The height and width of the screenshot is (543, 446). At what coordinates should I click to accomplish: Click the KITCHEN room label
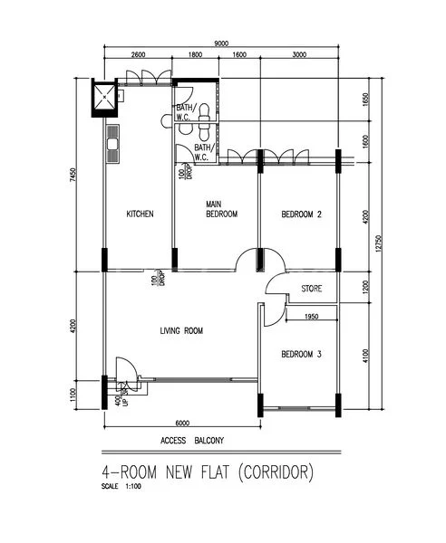pos(139,214)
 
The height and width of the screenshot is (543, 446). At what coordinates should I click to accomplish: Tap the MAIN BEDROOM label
pos(221,209)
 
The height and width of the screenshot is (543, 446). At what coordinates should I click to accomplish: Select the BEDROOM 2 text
pos(302,214)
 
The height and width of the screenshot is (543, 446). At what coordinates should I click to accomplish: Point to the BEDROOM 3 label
pos(301,354)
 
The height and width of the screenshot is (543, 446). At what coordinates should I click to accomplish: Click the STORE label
pos(311,289)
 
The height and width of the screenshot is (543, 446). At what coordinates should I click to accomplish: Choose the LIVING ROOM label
pos(181,331)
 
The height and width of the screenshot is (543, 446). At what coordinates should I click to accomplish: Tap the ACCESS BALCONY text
pos(193,441)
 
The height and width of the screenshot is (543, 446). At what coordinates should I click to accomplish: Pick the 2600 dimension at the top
pos(138,56)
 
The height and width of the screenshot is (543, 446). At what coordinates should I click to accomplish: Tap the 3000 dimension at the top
pos(298,56)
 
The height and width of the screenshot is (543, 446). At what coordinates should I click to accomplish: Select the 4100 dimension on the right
pos(365,349)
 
